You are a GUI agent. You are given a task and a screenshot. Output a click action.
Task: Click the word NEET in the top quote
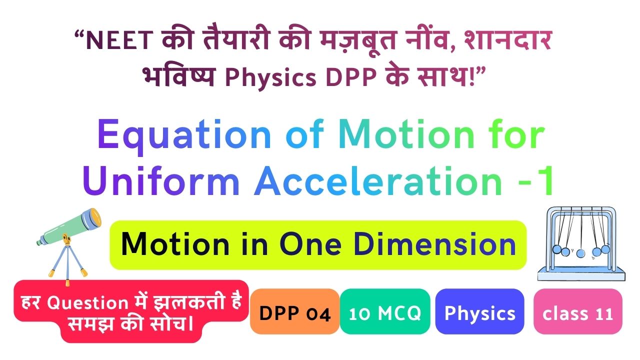pyautogui.click(x=119, y=40)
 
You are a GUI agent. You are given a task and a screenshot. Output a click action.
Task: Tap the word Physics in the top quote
pyautogui.click(x=270, y=77)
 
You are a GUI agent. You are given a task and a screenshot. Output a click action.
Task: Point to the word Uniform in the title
pyautogui.click(x=161, y=180)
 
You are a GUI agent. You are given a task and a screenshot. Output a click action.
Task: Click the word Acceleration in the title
pyautogui.click(x=378, y=180)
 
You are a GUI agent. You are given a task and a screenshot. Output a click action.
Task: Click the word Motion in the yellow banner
pyautogui.click(x=175, y=244)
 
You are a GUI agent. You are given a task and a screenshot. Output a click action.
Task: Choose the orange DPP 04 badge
pyautogui.click(x=294, y=311)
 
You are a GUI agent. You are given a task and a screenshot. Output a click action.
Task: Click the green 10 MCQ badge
pyautogui.click(x=385, y=311)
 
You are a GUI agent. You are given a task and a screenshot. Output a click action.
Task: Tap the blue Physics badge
pyautogui.click(x=479, y=311)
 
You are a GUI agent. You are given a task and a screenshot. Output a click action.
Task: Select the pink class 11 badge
pyautogui.click(x=577, y=311)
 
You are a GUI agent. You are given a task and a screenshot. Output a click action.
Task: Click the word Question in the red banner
pyautogui.click(x=87, y=303)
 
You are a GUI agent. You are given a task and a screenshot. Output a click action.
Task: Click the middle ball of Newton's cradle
pyautogui.click(x=580, y=253)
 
